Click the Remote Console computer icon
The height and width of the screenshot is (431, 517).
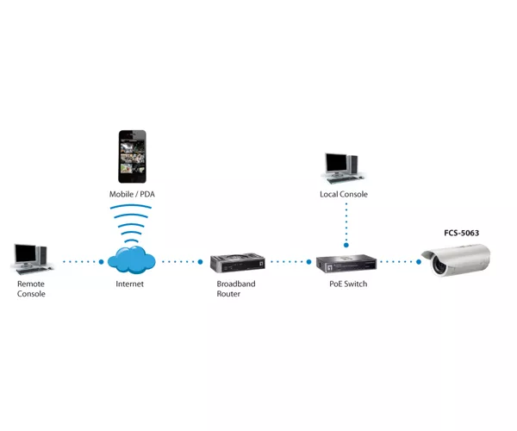(x=32, y=259)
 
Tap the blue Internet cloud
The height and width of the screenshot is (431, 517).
(x=132, y=259)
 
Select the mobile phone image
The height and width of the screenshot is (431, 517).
(x=132, y=156)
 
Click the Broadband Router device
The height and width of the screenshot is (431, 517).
(x=238, y=263)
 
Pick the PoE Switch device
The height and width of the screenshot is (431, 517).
(x=346, y=263)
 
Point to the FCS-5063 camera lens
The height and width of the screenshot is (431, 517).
(x=439, y=264)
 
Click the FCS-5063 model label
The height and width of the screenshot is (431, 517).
(x=461, y=233)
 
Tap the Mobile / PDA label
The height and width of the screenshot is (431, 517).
(x=132, y=194)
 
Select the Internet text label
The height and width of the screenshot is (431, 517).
(x=129, y=284)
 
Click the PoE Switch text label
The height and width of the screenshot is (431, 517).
(x=348, y=284)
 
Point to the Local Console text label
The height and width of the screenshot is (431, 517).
(x=344, y=194)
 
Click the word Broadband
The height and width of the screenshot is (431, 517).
(x=236, y=284)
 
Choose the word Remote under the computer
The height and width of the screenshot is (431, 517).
(x=31, y=284)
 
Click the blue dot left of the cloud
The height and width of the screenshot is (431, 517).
(x=101, y=262)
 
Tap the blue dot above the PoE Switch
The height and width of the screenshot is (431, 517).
(x=346, y=245)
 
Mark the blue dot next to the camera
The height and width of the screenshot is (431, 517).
(x=419, y=262)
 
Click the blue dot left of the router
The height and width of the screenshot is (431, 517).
(x=200, y=262)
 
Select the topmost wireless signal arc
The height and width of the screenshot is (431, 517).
(x=131, y=206)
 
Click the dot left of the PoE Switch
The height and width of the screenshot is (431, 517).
(x=308, y=262)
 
